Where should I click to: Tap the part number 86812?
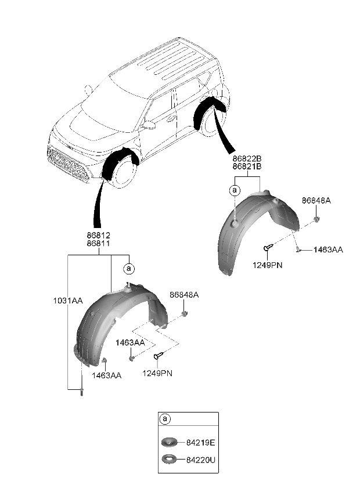98,236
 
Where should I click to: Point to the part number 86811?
98,244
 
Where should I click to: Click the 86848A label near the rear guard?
316,201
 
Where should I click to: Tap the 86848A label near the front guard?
184,295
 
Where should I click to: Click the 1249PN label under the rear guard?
267,265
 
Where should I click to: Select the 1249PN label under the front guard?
157,373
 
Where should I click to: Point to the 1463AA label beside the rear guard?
328,249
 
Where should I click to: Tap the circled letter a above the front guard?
129,268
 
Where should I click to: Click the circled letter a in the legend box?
165,419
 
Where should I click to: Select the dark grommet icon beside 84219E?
170,443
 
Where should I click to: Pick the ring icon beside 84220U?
170,460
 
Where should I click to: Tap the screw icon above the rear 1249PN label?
267,249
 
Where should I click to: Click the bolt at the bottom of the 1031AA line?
81,392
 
